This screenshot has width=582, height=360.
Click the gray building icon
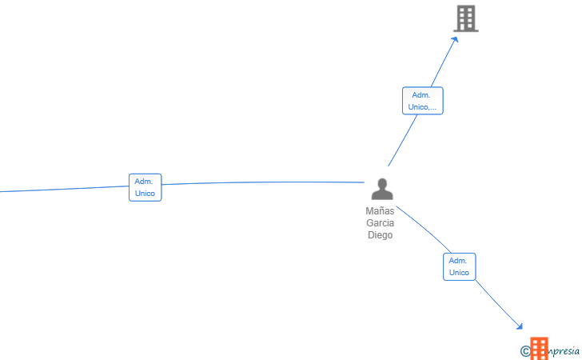tap(466, 18)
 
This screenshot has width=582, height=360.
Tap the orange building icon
tap(539, 349)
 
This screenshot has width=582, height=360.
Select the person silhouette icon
tap(382, 189)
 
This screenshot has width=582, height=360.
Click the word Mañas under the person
tap(380, 211)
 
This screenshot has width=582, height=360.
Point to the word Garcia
tap(380, 223)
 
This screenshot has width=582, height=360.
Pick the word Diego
tap(380, 234)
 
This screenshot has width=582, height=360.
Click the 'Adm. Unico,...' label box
tap(422, 101)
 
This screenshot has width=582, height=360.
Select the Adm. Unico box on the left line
tap(145, 187)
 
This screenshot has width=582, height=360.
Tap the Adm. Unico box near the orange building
tap(459, 266)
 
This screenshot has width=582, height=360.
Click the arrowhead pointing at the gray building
tap(455, 39)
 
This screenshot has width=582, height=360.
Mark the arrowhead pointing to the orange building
tap(520, 326)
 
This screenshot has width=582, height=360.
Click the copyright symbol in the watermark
tap(525, 351)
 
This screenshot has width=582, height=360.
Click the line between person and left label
tap(263, 182)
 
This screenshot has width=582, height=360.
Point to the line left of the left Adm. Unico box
tap(65, 189)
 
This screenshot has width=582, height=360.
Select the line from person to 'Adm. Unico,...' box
tap(403, 141)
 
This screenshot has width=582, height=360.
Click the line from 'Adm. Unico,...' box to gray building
tap(443, 63)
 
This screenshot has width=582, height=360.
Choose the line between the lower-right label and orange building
tap(499, 304)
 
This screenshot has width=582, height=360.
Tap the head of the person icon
tap(382, 184)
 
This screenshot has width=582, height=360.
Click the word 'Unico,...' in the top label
tap(422, 107)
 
